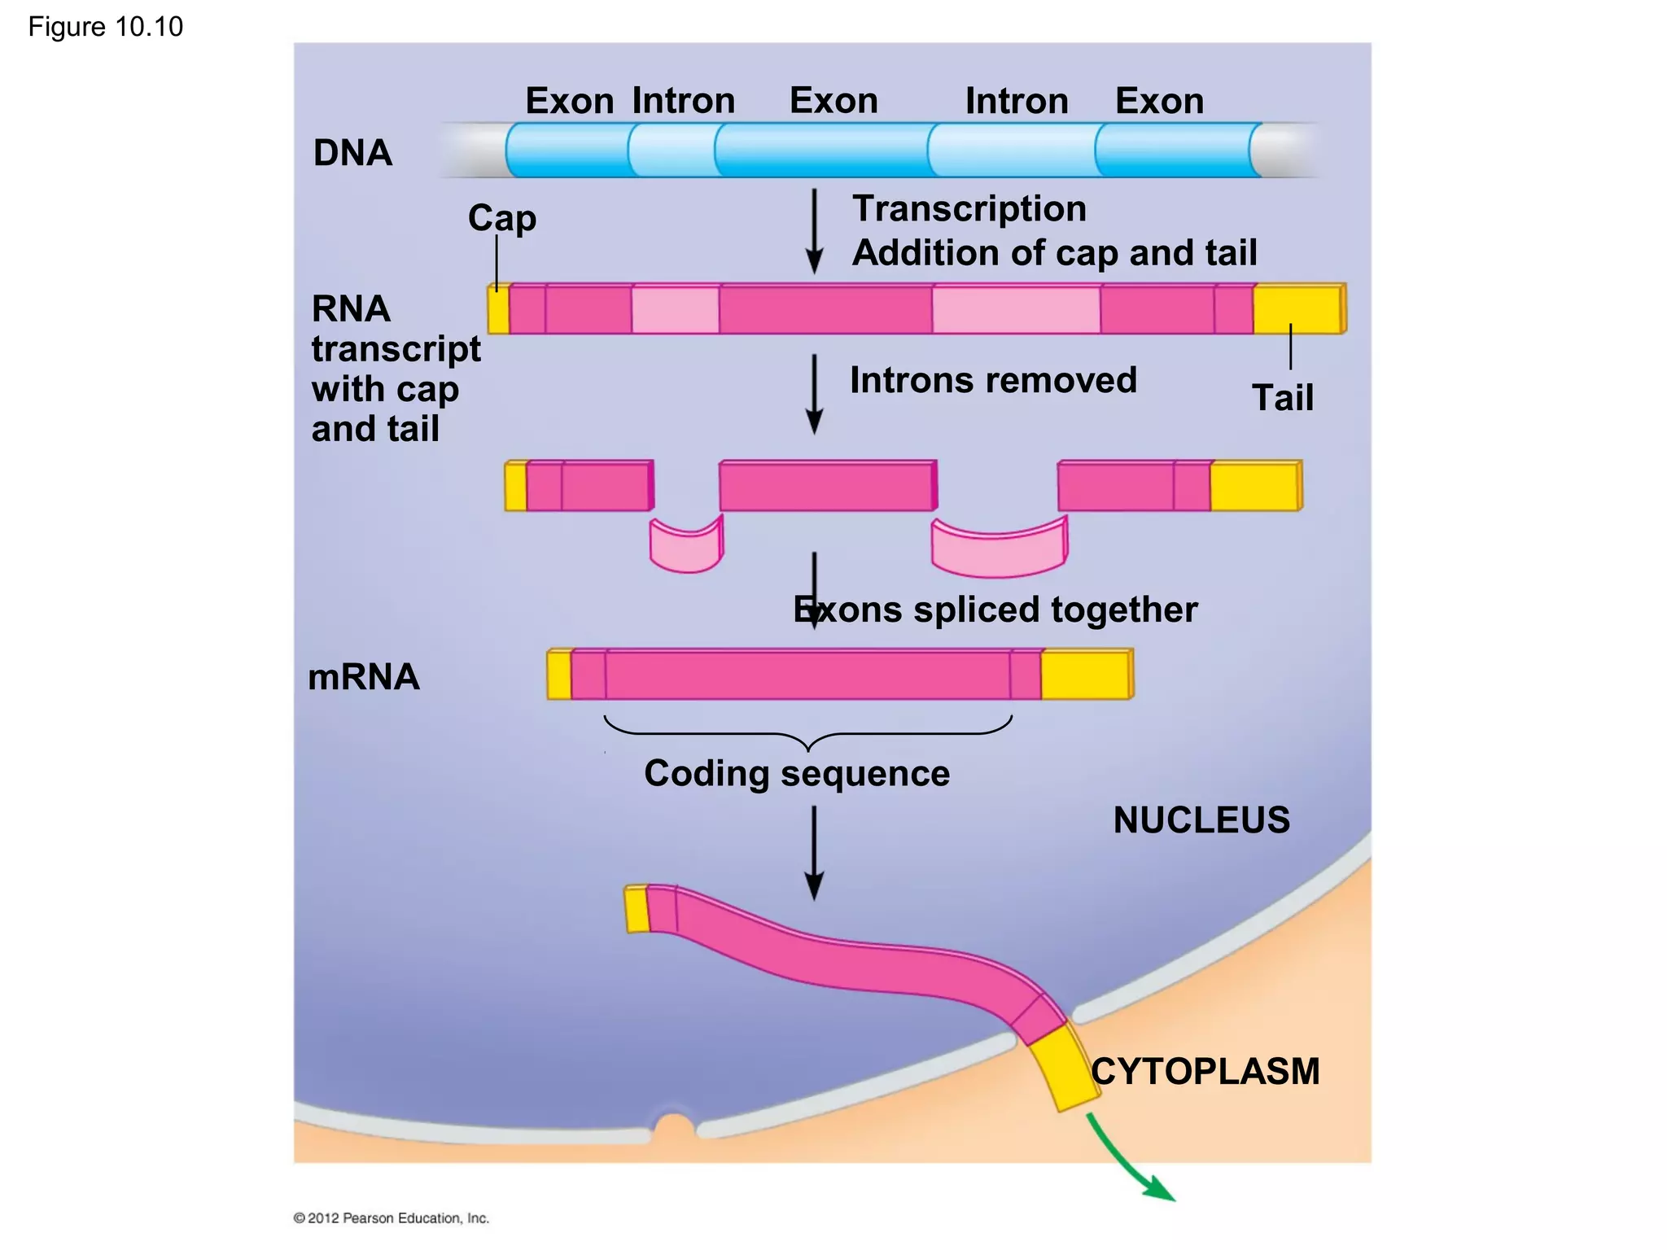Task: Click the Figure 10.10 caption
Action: click(105, 27)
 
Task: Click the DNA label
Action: click(352, 153)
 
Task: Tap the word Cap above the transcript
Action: click(501, 218)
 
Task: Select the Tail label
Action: click(1282, 398)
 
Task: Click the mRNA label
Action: click(363, 677)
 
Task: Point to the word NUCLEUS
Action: click(1201, 819)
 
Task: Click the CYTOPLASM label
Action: click(1205, 1071)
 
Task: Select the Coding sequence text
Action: click(796, 773)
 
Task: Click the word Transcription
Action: click(969, 209)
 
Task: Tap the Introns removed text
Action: click(993, 380)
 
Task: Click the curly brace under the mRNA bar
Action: click(807, 732)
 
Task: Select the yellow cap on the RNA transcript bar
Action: click(498, 309)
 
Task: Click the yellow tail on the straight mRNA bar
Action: click(1085, 675)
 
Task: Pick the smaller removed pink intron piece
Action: click(685, 548)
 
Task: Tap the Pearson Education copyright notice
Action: click(391, 1217)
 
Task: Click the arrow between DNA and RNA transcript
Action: click(814, 232)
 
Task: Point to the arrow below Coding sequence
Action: click(814, 851)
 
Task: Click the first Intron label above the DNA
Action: click(683, 101)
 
